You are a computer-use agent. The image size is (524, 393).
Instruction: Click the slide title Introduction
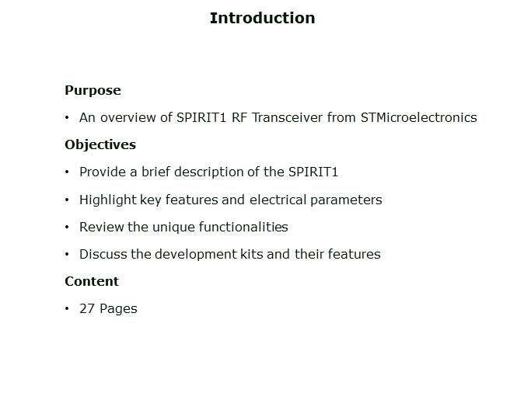(262, 18)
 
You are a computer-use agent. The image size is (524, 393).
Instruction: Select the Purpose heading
(93, 90)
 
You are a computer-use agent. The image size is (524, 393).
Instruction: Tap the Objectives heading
(100, 144)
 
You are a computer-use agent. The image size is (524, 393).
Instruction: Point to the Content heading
(92, 281)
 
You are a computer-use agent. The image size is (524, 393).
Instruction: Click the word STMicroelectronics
(418, 118)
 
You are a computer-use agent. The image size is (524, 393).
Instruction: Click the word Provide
(102, 172)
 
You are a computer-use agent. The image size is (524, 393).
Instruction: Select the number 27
(86, 308)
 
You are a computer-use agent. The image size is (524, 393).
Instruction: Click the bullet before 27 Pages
(68, 308)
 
